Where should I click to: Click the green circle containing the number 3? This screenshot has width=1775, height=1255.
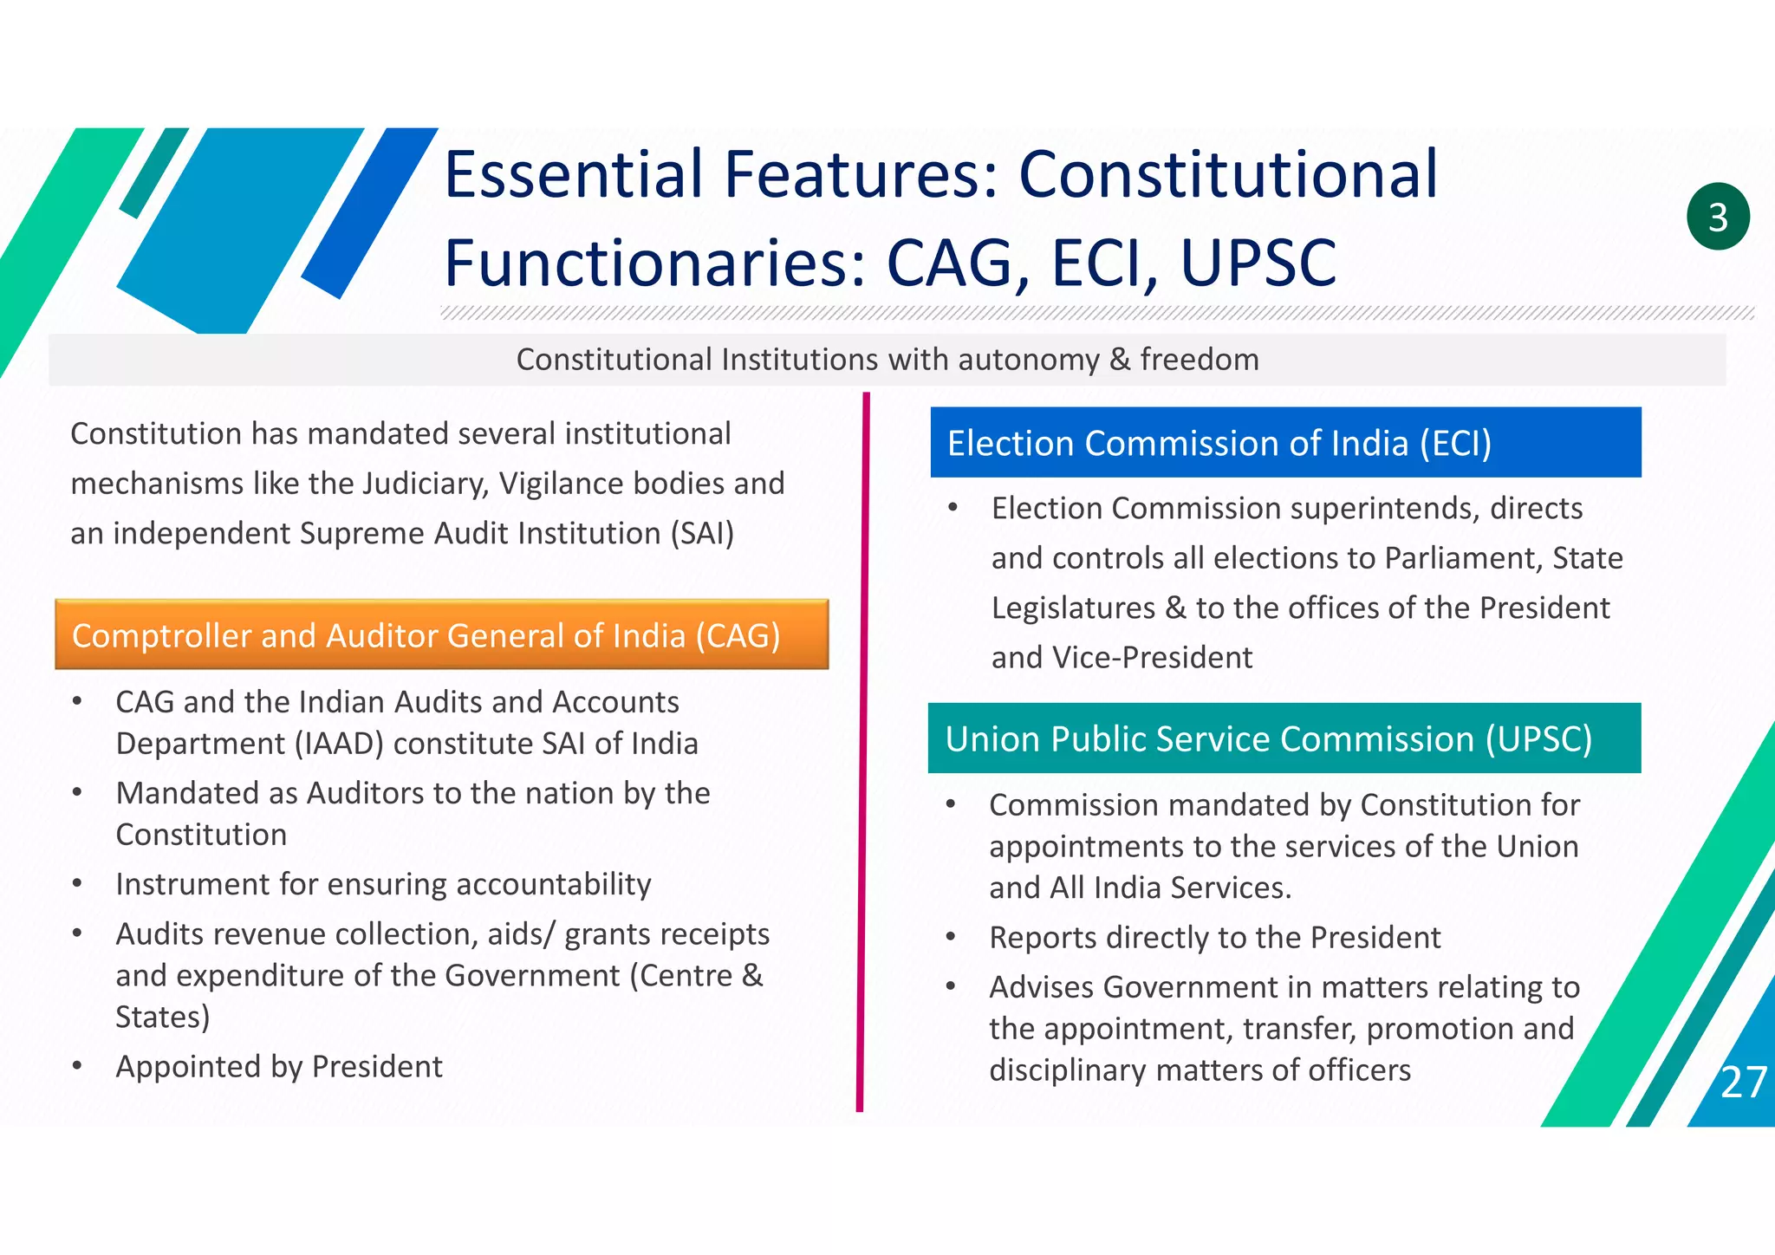[1718, 217]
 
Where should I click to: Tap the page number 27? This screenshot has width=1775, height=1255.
[1743, 1083]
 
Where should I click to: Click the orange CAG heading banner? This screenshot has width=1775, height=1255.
[441, 634]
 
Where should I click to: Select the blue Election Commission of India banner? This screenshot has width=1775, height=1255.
[1285, 443]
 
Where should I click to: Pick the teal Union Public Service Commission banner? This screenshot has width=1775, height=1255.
[1284, 738]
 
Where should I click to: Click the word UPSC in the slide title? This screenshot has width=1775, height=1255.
[1258, 262]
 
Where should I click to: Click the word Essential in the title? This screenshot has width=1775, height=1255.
[574, 174]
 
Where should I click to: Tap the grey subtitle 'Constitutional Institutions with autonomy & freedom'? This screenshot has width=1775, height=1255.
[887, 360]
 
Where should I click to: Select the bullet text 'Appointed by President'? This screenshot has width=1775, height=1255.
[279, 1067]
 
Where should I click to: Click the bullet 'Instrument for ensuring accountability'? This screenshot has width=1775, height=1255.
[383, 884]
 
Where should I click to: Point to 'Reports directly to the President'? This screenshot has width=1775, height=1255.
[1214, 938]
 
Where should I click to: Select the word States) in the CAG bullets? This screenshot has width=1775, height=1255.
[163, 1017]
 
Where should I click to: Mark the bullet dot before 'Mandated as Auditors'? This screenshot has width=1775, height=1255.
[78, 792]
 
